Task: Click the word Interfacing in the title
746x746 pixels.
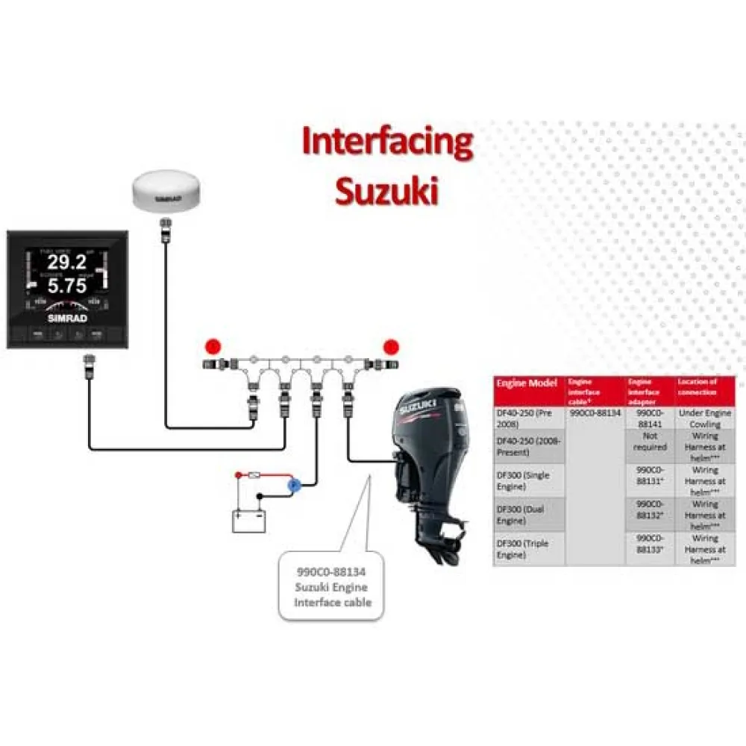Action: click(387, 142)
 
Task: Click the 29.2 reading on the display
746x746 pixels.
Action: click(67, 262)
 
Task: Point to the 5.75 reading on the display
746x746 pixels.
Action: click(67, 286)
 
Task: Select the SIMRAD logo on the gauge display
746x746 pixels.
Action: click(67, 317)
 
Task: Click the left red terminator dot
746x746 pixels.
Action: click(214, 346)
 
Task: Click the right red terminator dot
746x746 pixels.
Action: click(390, 346)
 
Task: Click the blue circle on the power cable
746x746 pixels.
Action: click(294, 485)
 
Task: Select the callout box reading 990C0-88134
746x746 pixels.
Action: click(332, 586)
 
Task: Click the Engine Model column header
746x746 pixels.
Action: click(527, 383)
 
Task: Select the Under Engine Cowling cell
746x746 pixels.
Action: click(704, 418)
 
